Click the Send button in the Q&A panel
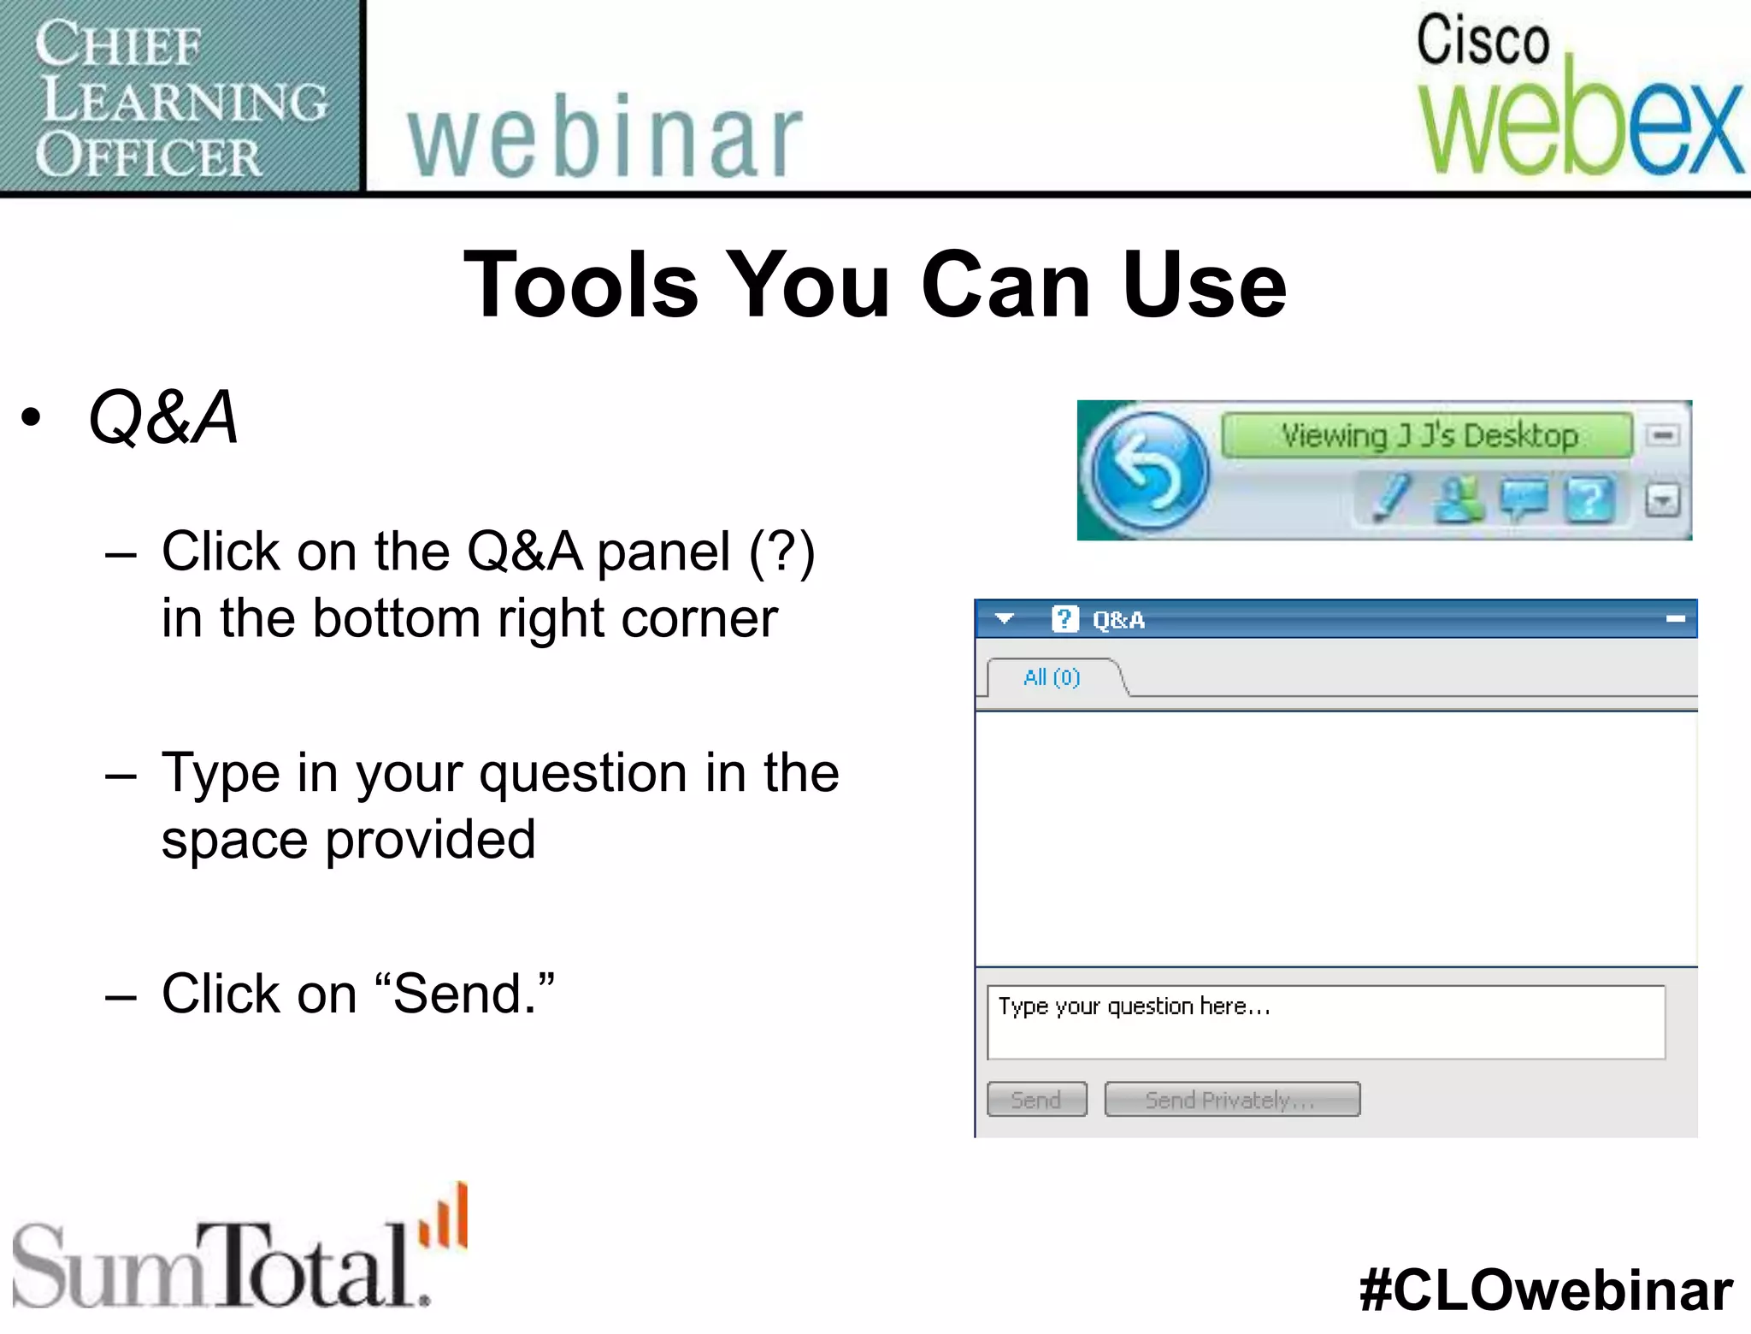click(x=1036, y=1100)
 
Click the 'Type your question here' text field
click(x=1325, y=1023)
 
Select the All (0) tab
click(x=1052, y=677)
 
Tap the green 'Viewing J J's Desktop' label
click(x=1428, y=435)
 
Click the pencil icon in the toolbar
click(x=1390, y=498)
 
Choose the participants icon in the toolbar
click(x=1459, y=499)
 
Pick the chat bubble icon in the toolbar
click(x=1524, y=499)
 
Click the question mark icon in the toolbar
click(x=1589, y=499)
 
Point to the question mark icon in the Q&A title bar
click(x=1064, y=618)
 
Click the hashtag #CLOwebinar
click(x=1546, y=1290)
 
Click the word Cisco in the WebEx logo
click(x=1483, y=40)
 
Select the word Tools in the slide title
click(x=581, y=286)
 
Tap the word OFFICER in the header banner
click(x=149, y=156)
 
